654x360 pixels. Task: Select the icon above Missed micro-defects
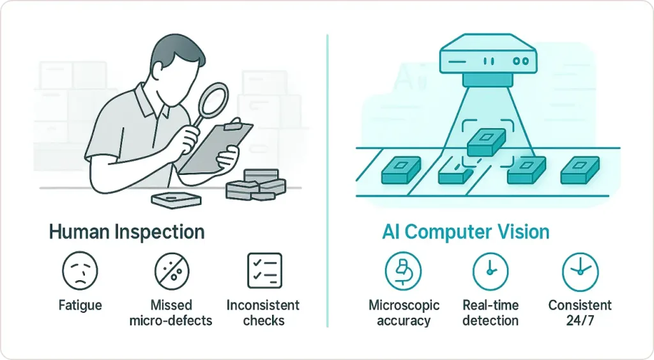[x=172, y=271]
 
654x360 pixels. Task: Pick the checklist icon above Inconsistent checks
[x=264, y=271]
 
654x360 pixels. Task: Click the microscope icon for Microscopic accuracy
[x=403, y=271]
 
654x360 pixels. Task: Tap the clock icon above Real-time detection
[x=490, y=271]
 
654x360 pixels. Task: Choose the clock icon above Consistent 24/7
[x=579, y=271]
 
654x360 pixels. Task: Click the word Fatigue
[x=80, y=306]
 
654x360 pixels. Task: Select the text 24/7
[x=580, y=320]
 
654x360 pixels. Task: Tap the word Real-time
[x=490, y=305]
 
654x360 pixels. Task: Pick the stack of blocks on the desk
[x=255, y=185]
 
